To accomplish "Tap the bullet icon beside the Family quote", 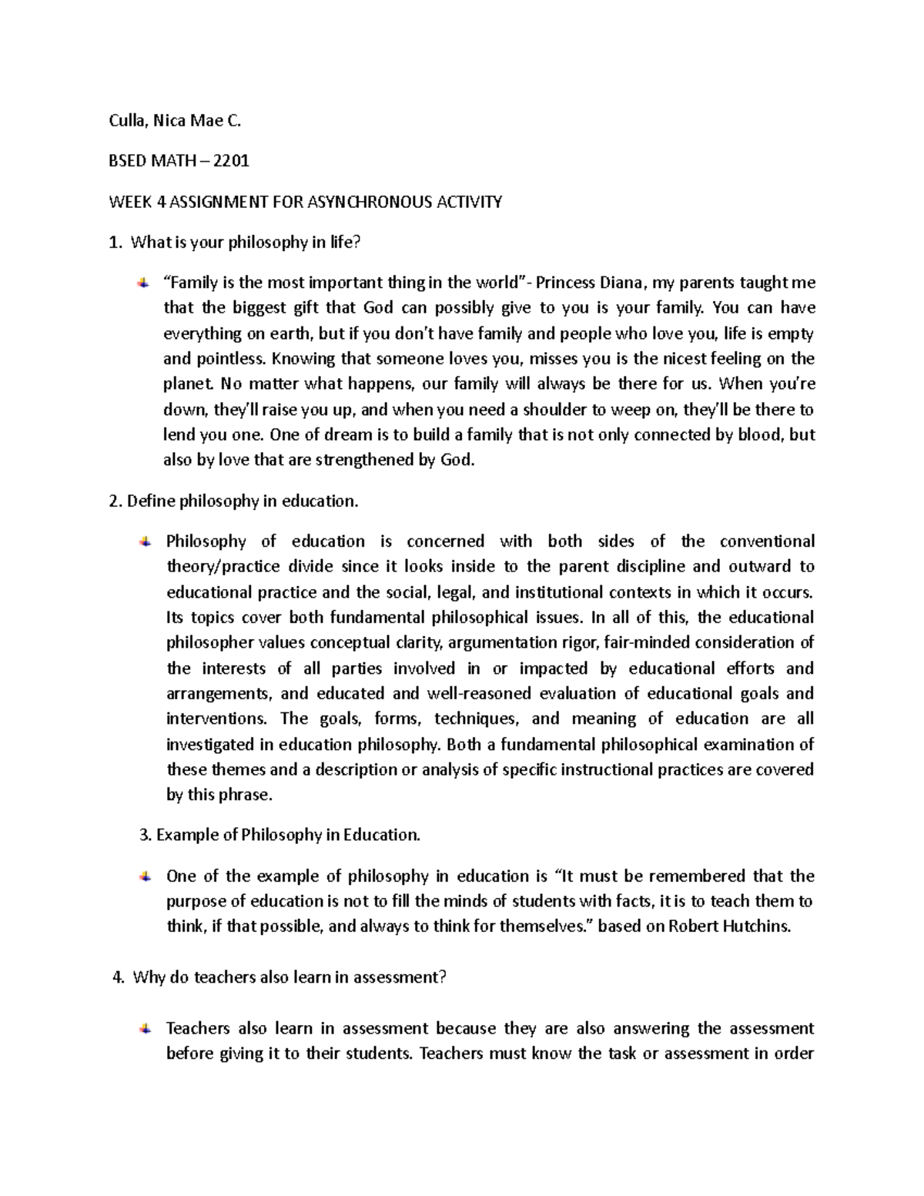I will pyautogui.click(x=144, y=283).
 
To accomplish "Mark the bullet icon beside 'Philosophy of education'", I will pyautogui.click(x=144, y=541).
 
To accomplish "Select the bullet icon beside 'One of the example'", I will pyautogui.click(x=144, y=876).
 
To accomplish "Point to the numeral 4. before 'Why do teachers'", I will pyautogui.click(x=118, y=978).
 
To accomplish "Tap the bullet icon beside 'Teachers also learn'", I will pyautogui.click(x=144, y=1028).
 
